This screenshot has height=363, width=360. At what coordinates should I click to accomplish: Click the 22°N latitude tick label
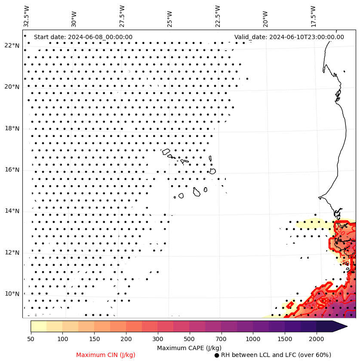pos(12,46)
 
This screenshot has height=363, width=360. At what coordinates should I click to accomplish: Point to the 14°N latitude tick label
pos(12,211)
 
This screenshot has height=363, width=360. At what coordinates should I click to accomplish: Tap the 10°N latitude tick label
pos(12,294)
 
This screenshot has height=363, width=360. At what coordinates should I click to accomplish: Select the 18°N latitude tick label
pos(12,128)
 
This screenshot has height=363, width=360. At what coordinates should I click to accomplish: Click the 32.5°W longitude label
pos(27,16)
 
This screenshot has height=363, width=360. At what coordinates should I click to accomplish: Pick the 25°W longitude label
pos(169,18)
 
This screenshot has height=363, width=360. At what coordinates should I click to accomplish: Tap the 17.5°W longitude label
pos(314,16)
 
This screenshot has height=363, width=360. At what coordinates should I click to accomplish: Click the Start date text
pos(83,37)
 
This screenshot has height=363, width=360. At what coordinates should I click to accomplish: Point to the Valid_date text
pos(289,37)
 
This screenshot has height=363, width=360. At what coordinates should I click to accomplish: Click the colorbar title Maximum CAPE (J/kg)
pos(189,348)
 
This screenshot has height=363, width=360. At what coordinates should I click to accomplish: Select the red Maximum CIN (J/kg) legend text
pos(106,355)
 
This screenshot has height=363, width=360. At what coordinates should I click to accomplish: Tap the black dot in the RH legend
pos(217,355)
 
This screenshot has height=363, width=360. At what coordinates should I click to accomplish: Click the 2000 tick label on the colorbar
pos(316,339)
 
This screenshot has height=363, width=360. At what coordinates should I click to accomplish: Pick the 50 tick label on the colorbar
pos(31,339)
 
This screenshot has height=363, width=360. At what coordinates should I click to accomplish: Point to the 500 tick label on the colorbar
pos(205,339)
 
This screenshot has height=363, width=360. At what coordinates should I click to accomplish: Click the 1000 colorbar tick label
pos(253,339)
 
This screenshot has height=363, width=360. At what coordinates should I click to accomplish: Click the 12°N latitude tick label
pos(12,253)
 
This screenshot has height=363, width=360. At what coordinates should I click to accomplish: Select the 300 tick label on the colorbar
pos(157,339)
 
